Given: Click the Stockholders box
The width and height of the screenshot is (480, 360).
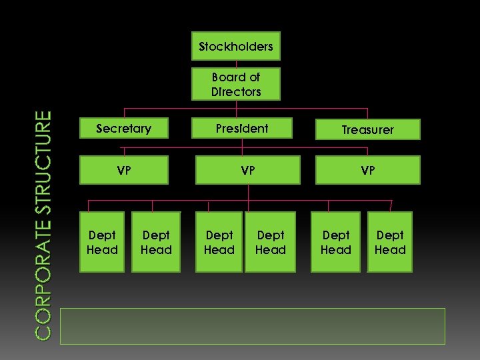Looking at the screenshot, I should [x=236, y=46].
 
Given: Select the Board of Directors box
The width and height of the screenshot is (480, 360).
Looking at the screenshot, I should [x=236, y=84].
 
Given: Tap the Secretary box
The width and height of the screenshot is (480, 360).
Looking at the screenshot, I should [x=124, y=129].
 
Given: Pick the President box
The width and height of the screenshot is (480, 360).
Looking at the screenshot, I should [x=242, y=129].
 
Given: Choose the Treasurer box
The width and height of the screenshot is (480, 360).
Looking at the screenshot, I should [x=368, y=129].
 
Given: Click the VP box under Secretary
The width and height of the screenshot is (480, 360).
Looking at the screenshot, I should [x=124, y=170].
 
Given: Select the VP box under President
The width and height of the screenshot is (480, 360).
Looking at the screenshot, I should [x=248, y=170].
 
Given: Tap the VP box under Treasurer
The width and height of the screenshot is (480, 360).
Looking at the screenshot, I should [x=368, y=170].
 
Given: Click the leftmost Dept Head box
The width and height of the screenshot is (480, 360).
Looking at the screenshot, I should [x=102, y=242].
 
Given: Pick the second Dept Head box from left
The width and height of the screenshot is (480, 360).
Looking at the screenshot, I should [x=156, y=242].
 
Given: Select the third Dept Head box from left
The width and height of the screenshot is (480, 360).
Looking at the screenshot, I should [x=219, y=242].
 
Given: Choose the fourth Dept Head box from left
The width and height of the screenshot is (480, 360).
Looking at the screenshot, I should [x=270, y=242].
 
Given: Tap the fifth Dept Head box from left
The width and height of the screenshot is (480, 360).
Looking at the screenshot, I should [x=335, y=242].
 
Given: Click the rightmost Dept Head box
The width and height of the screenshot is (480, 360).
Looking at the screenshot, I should [x=390, y=242].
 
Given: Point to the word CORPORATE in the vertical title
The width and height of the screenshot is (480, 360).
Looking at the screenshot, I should [x=43, y=280].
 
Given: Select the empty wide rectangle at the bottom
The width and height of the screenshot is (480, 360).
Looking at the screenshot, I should [x=252, y=326].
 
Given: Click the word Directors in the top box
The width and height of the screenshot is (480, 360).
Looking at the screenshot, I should [x=236, y=91].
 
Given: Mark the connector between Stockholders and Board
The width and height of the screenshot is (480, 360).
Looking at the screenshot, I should [x=236, y=64].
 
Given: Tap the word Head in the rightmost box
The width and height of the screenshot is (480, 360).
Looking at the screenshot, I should [x=390, y=250].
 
